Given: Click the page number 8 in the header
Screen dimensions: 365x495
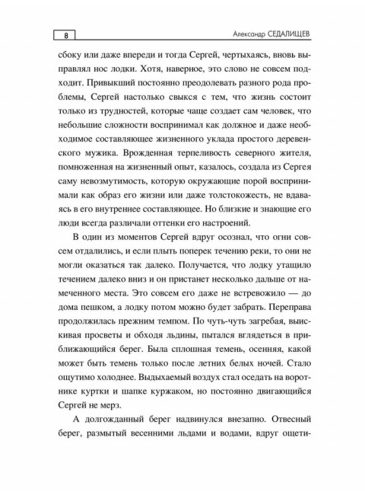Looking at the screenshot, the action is (67, 35).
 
